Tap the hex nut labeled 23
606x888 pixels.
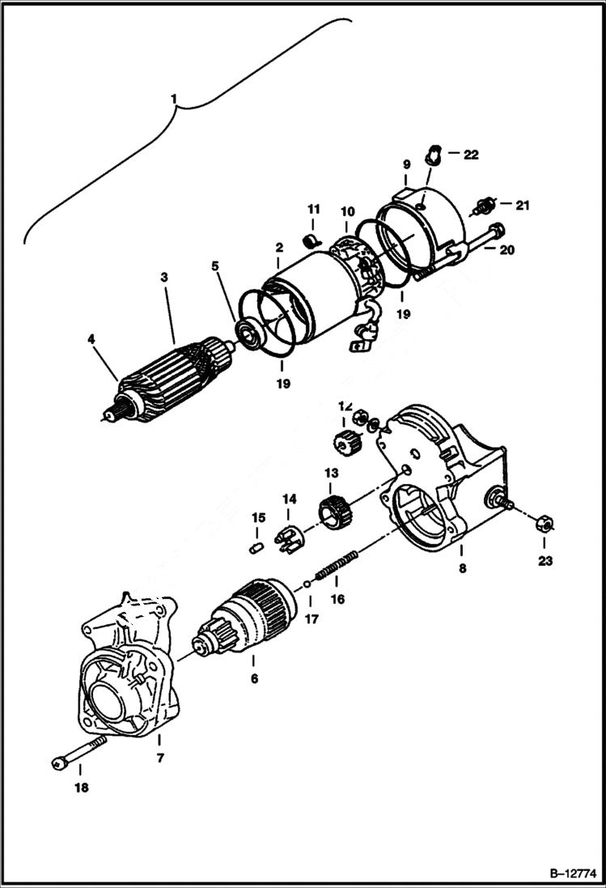[x=545, y=524]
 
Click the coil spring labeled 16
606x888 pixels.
[x=335, y=565]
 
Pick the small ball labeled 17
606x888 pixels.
[x=308, y=584]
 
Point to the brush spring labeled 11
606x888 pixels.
[x=308, y=240]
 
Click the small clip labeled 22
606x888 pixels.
[x=434, y=151]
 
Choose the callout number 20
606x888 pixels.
[x=506, y=250]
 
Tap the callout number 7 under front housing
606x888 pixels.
[x=160, y=758]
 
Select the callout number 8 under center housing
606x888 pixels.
[x=462, y=568]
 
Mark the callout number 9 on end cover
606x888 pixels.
[x=407, y=164]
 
